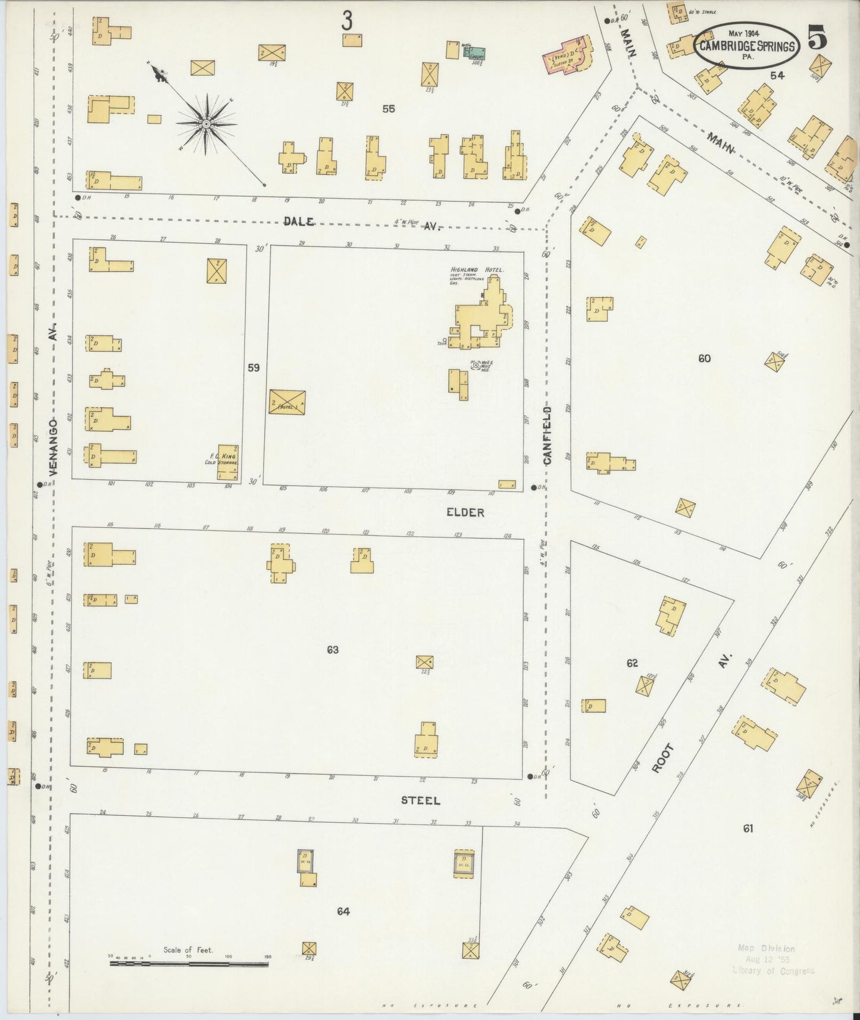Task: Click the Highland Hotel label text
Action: click(x=477, y=270)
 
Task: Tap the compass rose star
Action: click(x=206, y=124)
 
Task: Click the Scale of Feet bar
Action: click(x=189, y=963)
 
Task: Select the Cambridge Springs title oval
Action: click(x=748, y=46)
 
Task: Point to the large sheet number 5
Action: click(x=817, y=39)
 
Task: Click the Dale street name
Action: click(x=299, y=221)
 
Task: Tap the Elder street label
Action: click(x=466, y=512)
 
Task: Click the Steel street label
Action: click(x=420, y=800)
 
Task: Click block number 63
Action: click(x=333, y=650)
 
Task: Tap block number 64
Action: click(x=343, y=911)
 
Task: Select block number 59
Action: click(x=254, y=368)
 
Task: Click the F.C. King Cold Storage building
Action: click(x=227, y=462)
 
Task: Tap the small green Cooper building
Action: click(x=476, y=54)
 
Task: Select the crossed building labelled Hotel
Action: click(x=287, y=402)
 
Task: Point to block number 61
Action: click(x=748, y=828)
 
